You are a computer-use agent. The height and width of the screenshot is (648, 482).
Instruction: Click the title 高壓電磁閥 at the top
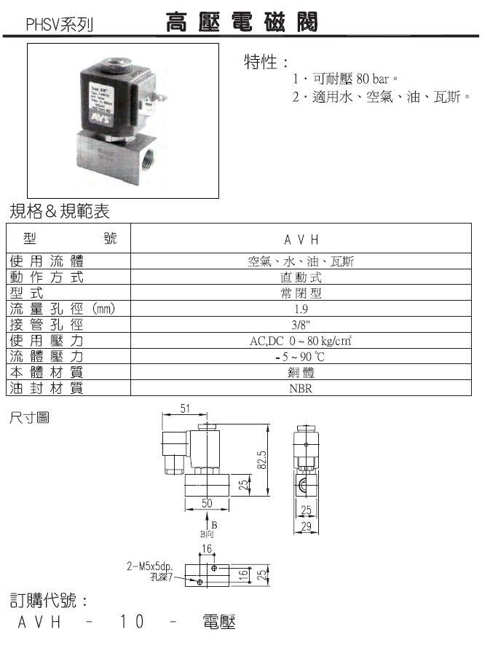(x=241, y=23)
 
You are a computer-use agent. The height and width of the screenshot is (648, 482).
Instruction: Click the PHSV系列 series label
(x=60, y=25)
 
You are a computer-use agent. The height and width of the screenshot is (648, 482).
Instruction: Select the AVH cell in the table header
(x=301, y=239)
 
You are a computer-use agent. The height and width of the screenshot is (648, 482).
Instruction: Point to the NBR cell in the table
(x=301, y=389)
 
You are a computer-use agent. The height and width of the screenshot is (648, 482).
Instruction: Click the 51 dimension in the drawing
(x=186, y=409)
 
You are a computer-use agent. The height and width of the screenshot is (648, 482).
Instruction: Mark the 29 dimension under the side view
(x=307, y=525)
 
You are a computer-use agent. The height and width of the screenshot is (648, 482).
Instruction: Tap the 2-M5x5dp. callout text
(x=149, y=564)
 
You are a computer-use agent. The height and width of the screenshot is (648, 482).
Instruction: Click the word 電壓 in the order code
(x=218, y=623)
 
